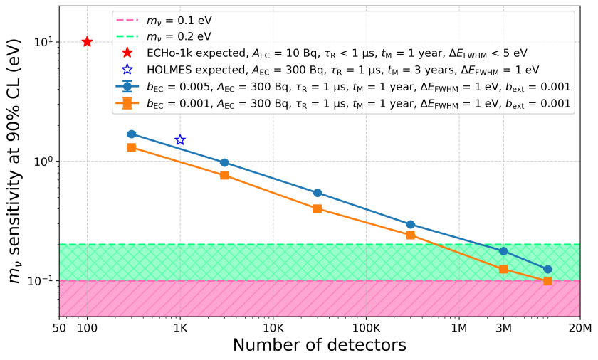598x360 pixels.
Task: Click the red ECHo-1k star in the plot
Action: [x=87, y=42]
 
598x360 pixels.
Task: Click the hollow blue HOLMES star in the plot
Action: [x=180, y=140]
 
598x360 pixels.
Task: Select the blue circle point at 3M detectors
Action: [x=503, y=251]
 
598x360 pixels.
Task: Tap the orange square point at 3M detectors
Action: [x=503, y=269]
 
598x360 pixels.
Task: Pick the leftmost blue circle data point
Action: [x=131, y=134]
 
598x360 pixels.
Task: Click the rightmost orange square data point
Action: [x=547, y=281]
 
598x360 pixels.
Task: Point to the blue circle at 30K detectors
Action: [x=318, y=193]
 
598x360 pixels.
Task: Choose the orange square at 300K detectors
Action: [x=410, y=235]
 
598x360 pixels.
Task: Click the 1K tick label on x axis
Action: [x=180, y=328]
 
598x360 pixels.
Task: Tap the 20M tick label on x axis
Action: [x=579, y=328]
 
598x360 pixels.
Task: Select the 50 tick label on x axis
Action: [x=60, y=328]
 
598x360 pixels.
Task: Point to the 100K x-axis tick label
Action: [x=366, y=328]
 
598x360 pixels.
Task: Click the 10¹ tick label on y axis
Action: [x=43, y=42]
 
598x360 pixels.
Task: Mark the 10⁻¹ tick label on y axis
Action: [x=42, y=281]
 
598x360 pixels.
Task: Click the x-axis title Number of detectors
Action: [x=319, y=346]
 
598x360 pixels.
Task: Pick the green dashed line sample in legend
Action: [x=128, y=36]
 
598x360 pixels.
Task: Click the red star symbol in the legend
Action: [x=128, y=53]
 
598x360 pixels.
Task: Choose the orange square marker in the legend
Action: [x=128, y=103]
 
